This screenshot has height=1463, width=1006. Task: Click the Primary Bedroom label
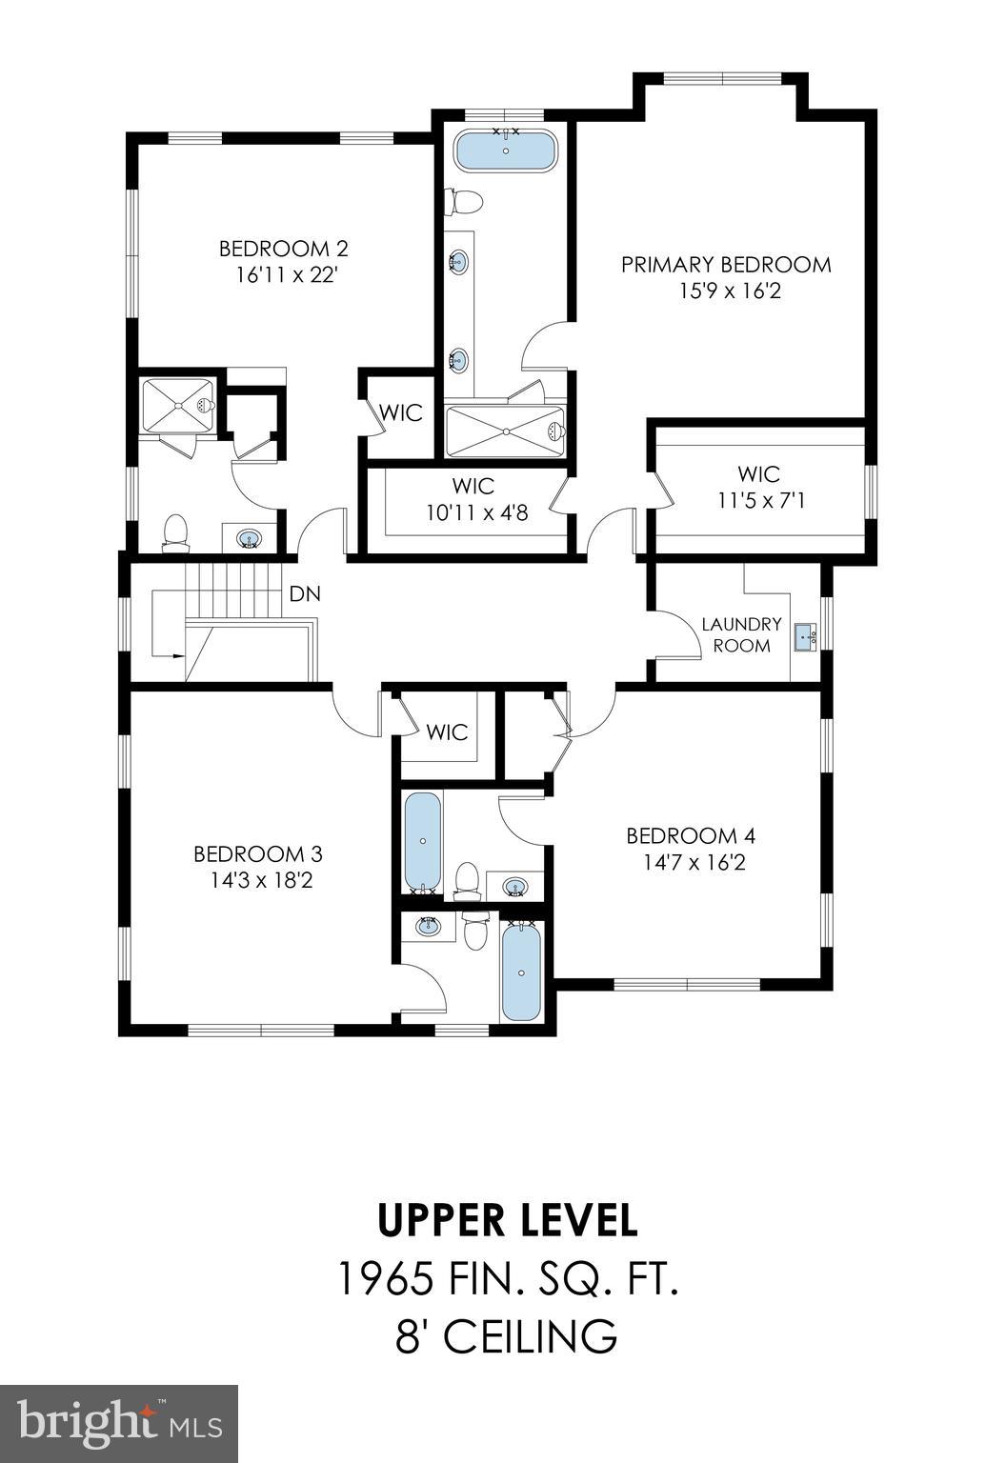coord(726,264)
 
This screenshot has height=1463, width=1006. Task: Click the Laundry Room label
coord(741,634)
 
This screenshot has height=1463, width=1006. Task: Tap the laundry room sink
coord(806,634)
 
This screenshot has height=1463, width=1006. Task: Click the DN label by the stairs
coord(305,594)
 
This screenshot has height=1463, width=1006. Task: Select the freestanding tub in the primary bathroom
coord(505,151)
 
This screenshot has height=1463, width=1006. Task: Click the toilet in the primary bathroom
coord(465,201)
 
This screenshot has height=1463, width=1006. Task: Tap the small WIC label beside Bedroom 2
coord(400,413)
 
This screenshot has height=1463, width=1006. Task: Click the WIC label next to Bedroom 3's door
coord(447,732)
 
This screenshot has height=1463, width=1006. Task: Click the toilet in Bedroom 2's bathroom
coord(175,534)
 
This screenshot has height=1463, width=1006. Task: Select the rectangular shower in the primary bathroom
coord(505,431)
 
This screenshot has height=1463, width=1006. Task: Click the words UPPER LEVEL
coord(507,1220)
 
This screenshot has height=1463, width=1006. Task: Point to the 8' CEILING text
coord(507,1336)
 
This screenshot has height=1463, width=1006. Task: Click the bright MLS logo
coord(119,1424)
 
